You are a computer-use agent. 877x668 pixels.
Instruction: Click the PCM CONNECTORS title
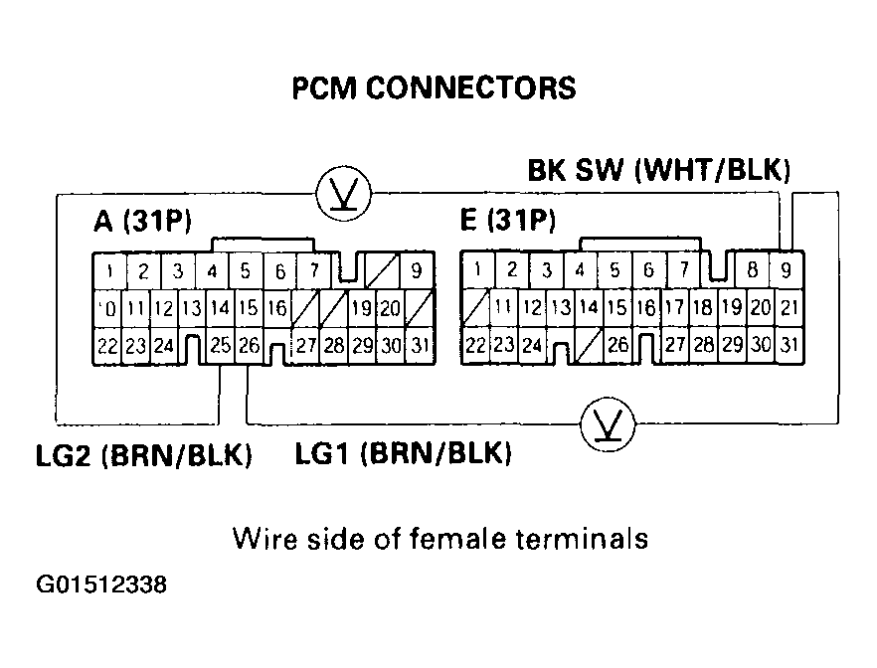click(434, 88)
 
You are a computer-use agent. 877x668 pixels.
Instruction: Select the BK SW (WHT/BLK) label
click(659, 171)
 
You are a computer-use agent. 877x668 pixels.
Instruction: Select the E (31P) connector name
click(507, 221)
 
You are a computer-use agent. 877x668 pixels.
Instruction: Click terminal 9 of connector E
click(787, 269)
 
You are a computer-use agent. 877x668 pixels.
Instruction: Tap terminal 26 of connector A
click(250, 346)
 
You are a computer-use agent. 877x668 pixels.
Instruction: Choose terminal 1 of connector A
click(109, 270)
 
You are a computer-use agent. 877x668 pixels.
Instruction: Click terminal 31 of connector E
click(790, 345)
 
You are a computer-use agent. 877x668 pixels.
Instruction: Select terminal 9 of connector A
click(416, 270)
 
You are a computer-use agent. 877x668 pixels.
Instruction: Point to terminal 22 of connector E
click(476, 345)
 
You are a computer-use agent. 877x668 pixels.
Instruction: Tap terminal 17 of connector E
click(673, 307)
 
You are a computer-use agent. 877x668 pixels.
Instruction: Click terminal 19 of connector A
click(362, 308)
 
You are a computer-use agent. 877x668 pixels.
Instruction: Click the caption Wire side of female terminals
click(439, 539)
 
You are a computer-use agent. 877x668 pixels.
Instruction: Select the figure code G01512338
click(102, 584)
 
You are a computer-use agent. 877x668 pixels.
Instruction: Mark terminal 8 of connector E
click(756, 269)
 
